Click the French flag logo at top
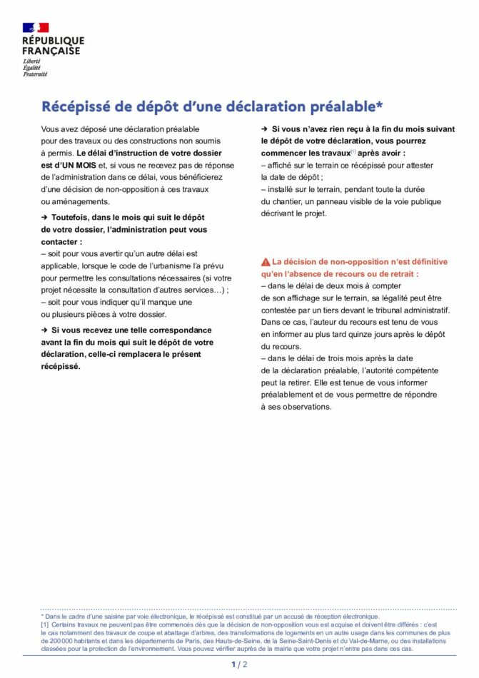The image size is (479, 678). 35,28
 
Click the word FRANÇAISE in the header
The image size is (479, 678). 51,51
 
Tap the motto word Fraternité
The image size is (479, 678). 34,74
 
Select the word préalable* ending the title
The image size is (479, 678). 347,107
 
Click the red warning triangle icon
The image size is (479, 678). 266,262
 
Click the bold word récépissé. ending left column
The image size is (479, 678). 61,366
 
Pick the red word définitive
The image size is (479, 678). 423,262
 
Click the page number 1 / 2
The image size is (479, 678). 239,664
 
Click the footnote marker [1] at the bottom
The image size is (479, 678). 45,624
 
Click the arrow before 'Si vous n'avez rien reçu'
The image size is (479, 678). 264,128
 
